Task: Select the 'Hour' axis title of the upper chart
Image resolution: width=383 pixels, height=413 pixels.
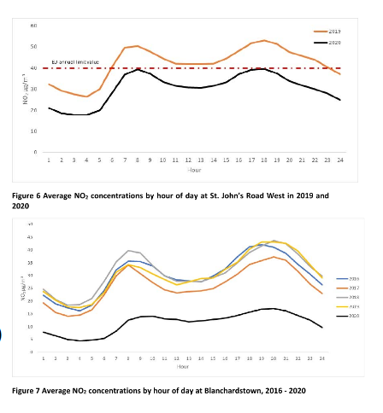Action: point(194,169)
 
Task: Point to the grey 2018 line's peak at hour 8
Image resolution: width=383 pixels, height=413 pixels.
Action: point(128,251)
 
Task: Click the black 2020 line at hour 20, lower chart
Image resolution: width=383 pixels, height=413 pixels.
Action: point(274,309)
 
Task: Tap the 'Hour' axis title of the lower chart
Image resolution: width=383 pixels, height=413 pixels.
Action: point(182,366)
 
